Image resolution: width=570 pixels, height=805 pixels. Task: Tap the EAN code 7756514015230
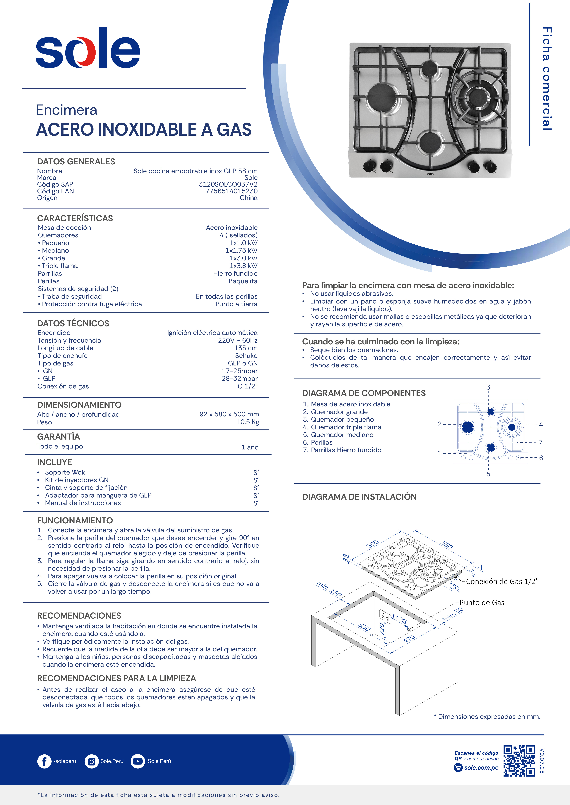point(231,191)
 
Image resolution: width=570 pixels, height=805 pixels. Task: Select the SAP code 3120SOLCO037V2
point(228,184)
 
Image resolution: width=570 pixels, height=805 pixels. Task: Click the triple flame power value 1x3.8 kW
point(243,266)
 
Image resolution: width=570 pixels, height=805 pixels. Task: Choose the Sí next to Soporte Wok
point(256,473)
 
